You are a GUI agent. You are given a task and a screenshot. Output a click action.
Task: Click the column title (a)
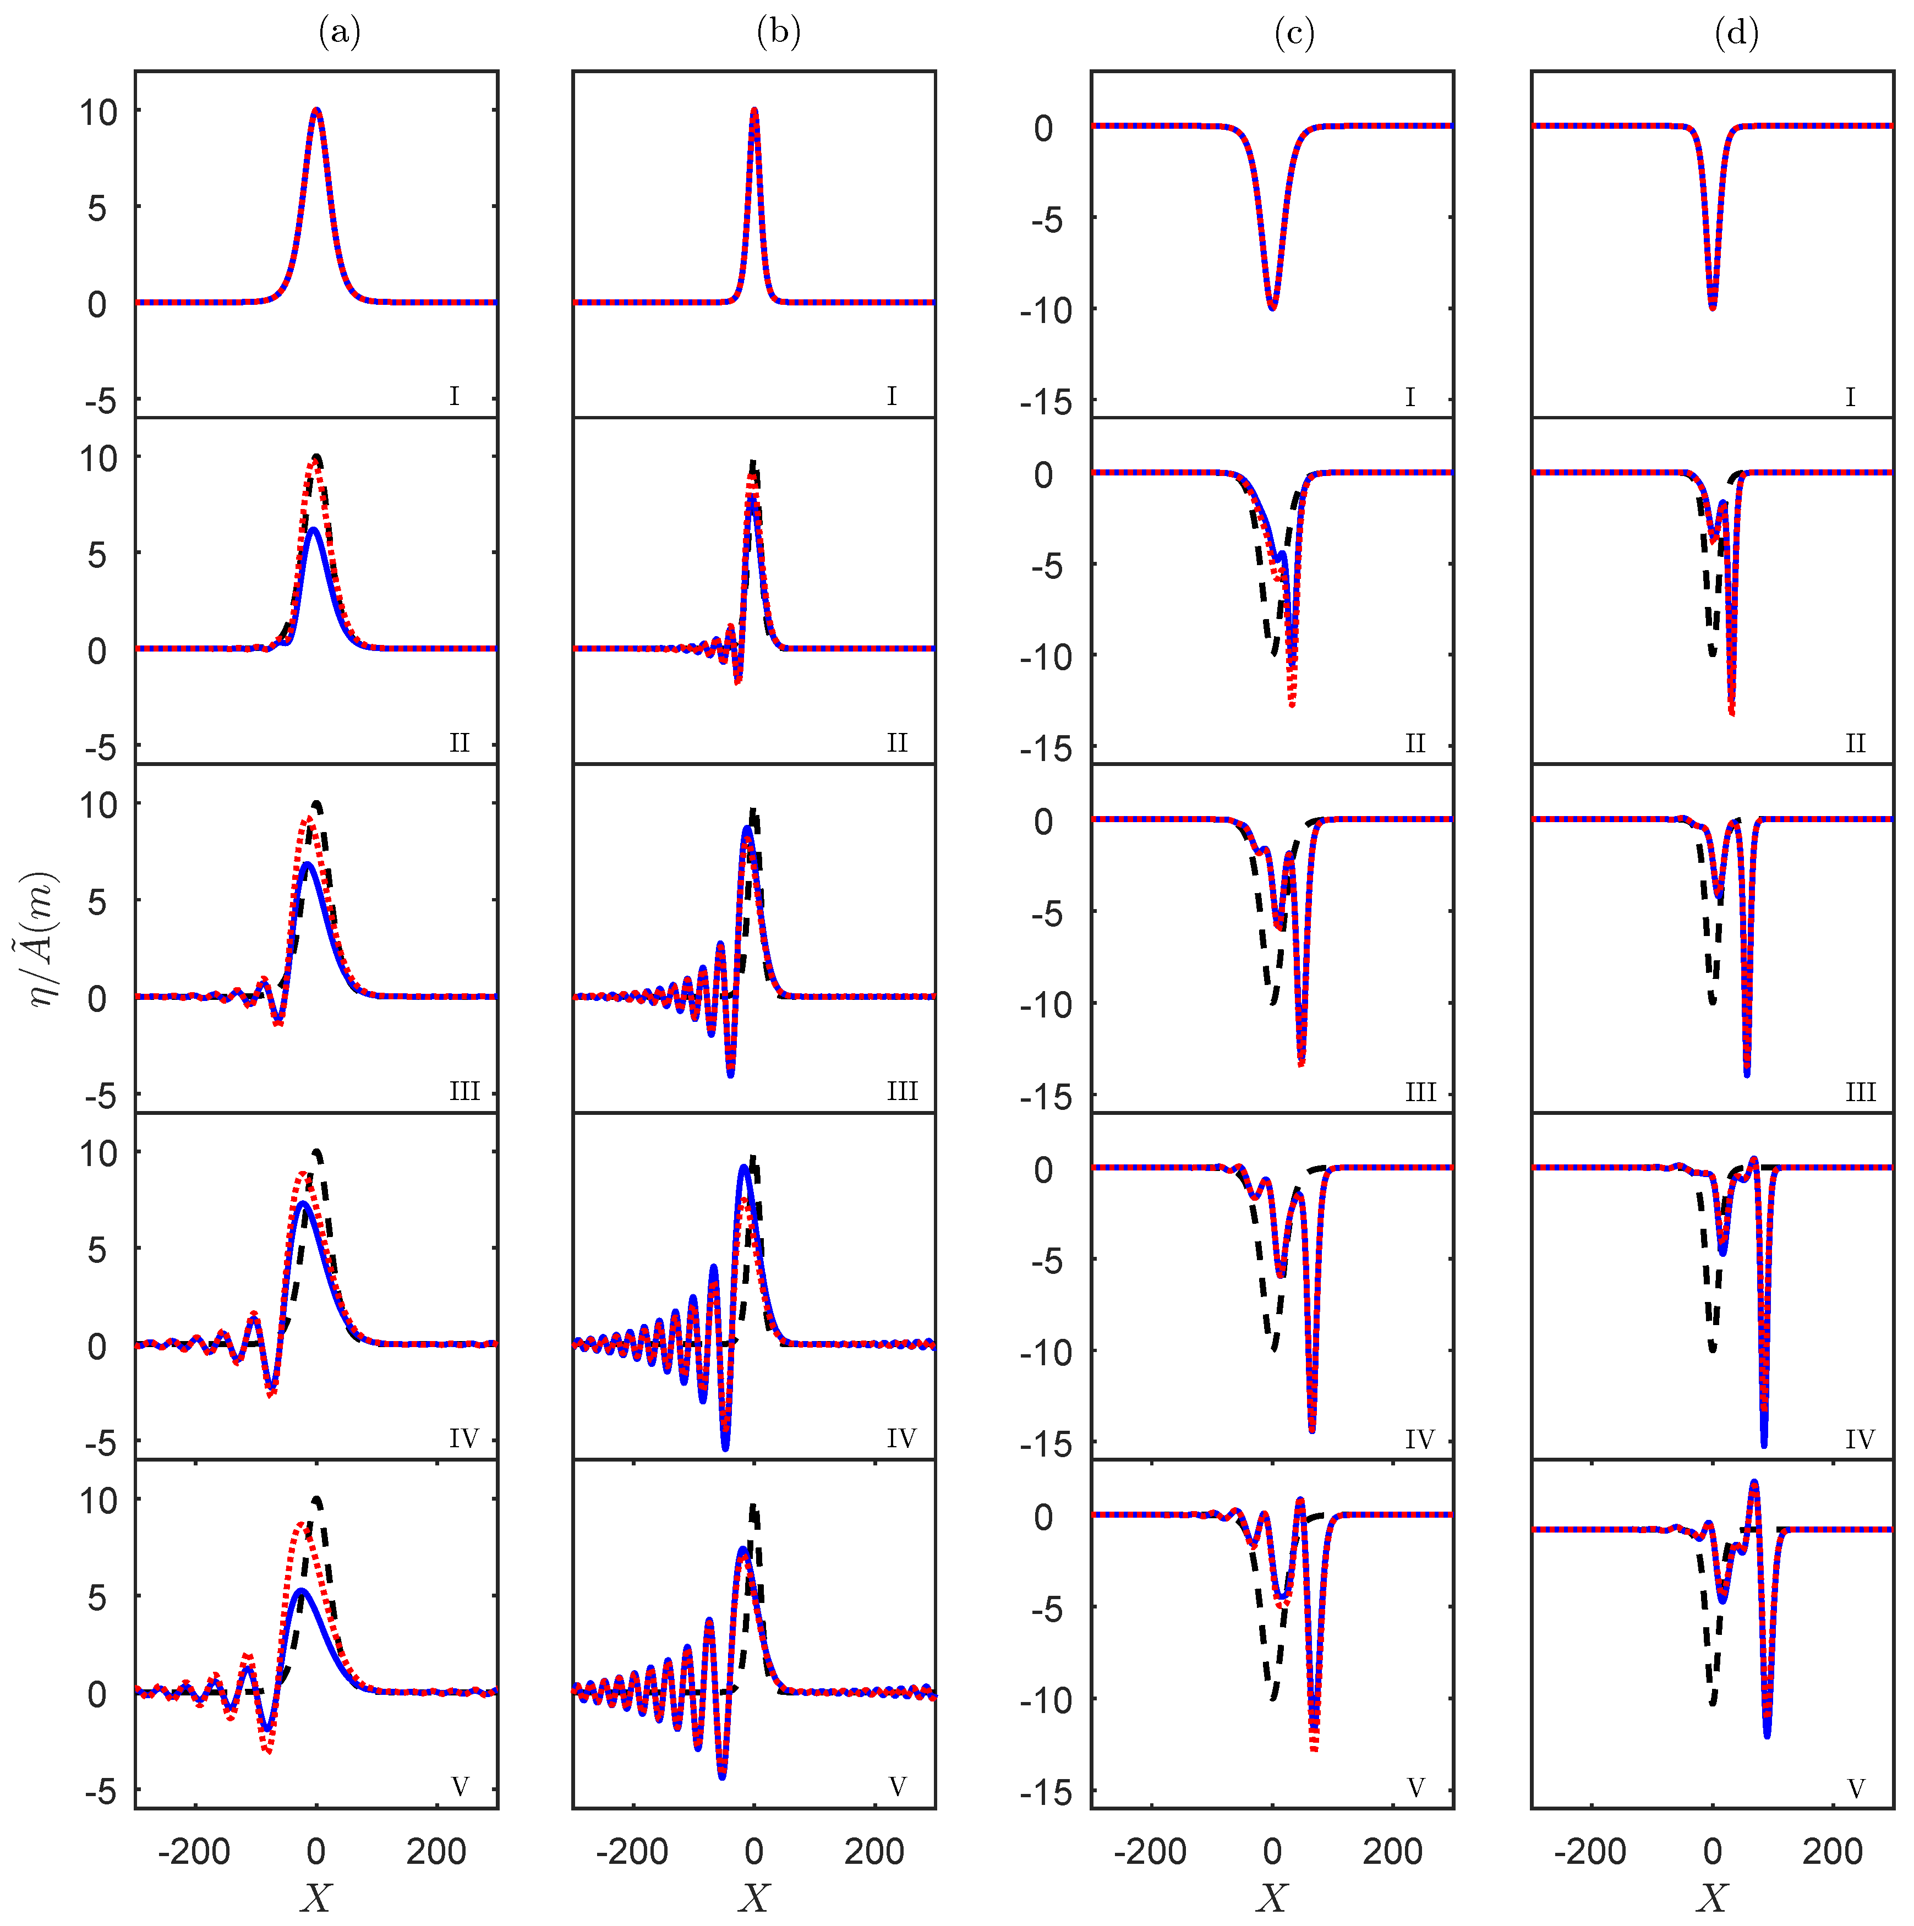point(339,33)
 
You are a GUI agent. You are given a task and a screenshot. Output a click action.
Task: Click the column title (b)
point(779,33)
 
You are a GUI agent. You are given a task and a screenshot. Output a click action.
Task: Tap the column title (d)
point(1736,33)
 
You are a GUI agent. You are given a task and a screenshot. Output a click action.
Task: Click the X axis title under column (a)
point(316,1896)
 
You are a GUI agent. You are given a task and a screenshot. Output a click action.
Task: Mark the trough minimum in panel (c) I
point(1272,307)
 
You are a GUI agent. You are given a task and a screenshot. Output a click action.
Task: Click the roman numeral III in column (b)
point(902,1092)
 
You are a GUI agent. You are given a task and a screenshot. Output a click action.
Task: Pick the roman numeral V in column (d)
point(1856,1788)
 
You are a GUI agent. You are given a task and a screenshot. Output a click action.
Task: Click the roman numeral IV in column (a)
point(463,1438)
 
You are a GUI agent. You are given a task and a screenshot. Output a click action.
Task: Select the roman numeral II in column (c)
point(1414,743)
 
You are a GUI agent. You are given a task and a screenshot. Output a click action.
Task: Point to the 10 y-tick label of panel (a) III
point(99,806)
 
